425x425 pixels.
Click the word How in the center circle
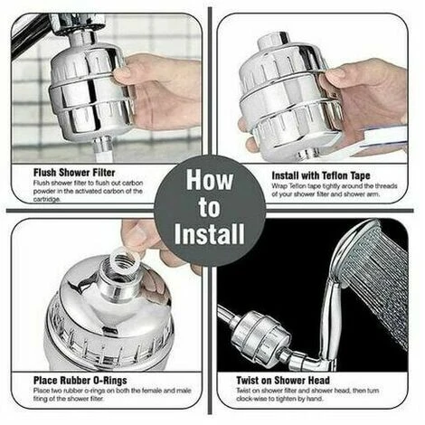click(210, 182)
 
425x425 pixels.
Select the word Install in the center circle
click(210, 236)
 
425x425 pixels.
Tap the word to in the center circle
click(210, 209)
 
